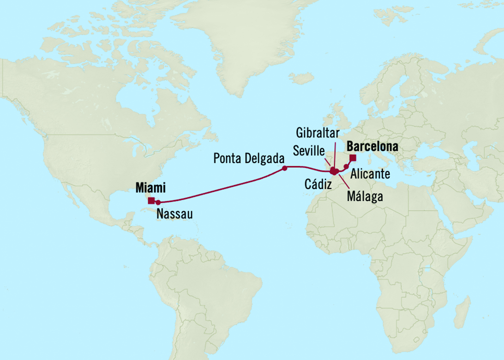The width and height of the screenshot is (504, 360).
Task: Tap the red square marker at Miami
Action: coord(151,201)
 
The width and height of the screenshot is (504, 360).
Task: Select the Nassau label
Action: coord(174,214)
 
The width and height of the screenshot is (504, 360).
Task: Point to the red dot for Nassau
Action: coord(158,203)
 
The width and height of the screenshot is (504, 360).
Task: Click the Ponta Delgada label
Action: coord(249,158)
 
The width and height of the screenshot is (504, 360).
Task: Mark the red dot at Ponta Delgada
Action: coord(285,168)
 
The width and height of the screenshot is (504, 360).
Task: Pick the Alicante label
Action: coord(370,172)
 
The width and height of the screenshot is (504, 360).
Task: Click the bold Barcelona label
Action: coord(373,145)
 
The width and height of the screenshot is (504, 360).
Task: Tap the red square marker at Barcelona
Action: coord(353,158)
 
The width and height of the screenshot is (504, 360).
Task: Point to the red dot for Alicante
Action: coord(347,167)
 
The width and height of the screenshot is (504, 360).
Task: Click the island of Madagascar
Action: coord(464,307)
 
